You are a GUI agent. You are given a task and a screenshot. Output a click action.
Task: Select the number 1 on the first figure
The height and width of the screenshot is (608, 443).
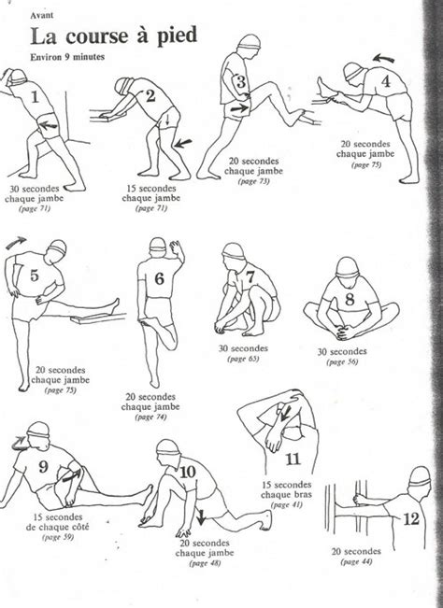click(x=35, y=95)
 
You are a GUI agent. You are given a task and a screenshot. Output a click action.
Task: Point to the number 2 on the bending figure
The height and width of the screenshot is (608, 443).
click(x=150, y=95)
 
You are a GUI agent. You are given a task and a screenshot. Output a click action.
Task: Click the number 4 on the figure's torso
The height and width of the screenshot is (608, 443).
click(x=385, y=81)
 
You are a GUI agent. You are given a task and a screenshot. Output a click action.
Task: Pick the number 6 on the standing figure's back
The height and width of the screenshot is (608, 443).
click(x=159, y=278)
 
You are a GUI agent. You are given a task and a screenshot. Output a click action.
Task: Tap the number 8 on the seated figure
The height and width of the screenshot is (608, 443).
click(x=350, y=300)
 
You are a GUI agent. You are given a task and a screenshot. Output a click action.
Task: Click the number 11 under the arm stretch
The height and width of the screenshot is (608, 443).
click(x=293, y=459)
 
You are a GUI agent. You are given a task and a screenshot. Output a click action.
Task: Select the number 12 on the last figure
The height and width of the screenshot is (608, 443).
click(x=409, y=519)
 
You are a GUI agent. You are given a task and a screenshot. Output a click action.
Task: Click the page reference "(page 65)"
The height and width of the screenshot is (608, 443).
click(x=236, y=358)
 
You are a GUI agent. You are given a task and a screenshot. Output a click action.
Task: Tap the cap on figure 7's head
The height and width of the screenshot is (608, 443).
click(x=234, y=252)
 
